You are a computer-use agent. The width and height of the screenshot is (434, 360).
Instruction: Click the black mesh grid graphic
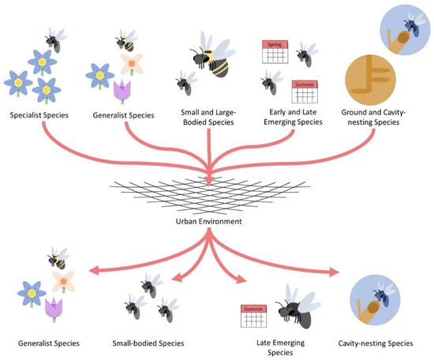(x=209, y=192)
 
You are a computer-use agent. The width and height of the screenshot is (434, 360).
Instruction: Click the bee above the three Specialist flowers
(x=53, y=39)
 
